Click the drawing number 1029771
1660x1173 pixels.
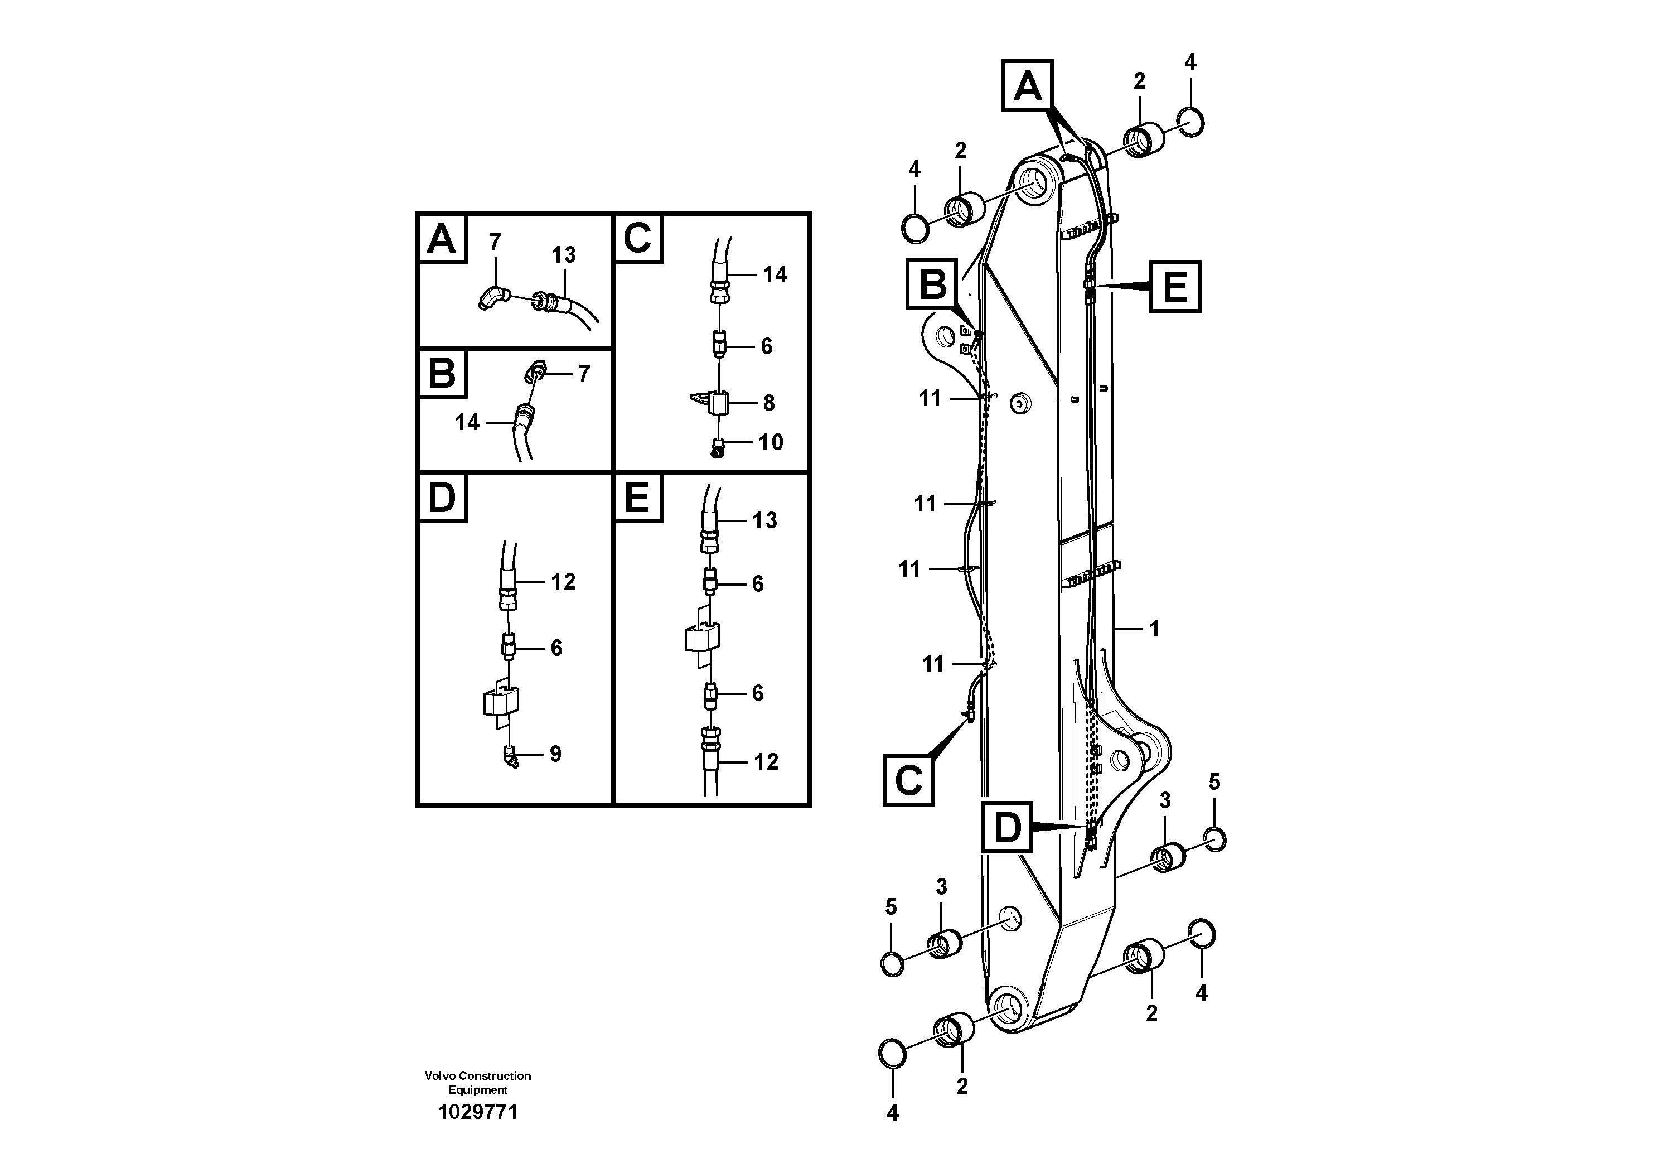[478, 1112]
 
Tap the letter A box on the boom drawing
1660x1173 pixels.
[1027, 86]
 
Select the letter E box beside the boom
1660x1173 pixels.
[1175, 287]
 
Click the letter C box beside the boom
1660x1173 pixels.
[908, 780]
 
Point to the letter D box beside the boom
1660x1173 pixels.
[1006, 827]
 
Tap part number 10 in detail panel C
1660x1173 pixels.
[771, 442]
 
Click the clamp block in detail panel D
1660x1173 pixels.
[501, 702]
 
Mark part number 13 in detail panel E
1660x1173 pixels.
[764, 520]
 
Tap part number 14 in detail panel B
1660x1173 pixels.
[467, 422]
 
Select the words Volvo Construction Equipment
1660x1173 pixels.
[478, 1083]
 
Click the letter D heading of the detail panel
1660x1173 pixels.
[442, 498]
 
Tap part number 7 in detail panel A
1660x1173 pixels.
[495, 242]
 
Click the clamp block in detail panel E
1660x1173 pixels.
[702, 636]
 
